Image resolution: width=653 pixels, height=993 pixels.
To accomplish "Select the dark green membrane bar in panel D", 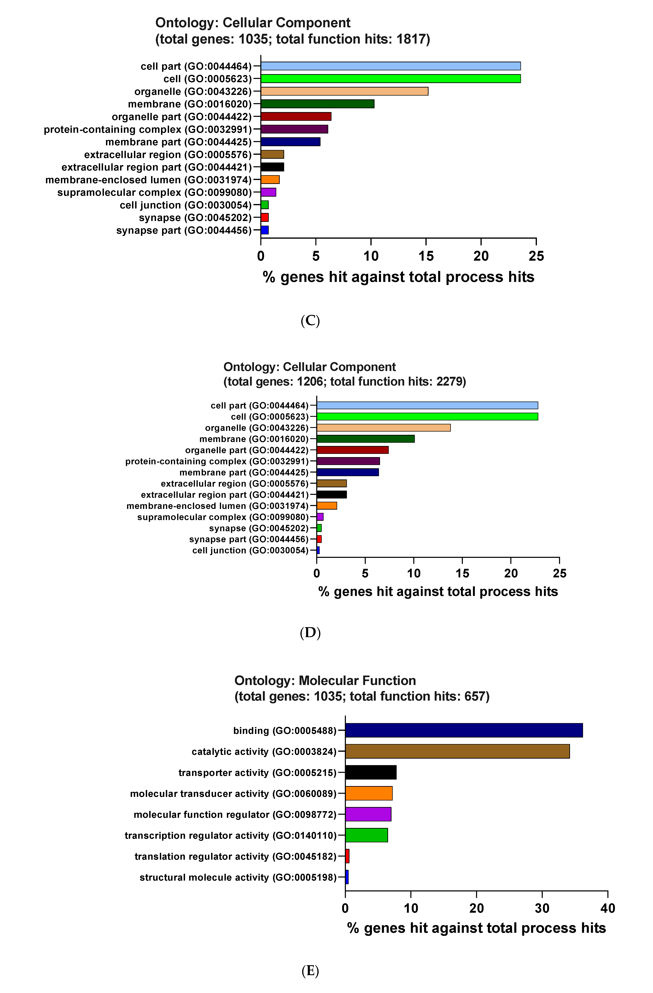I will pos(365,439).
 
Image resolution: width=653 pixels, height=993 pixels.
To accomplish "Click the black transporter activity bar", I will pos(371,772).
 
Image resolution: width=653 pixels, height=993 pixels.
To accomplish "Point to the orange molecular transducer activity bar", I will pos(369,793).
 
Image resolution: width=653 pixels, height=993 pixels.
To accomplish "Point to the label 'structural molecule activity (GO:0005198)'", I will pos(238,877).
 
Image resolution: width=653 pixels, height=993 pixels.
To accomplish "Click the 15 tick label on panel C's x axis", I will pos(426,256).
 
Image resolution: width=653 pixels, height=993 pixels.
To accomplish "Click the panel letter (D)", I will pos(310,632).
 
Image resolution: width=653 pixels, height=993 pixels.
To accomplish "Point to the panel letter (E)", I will pos(310,971).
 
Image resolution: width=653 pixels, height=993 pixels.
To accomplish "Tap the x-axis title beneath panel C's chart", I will pos(398,277).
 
